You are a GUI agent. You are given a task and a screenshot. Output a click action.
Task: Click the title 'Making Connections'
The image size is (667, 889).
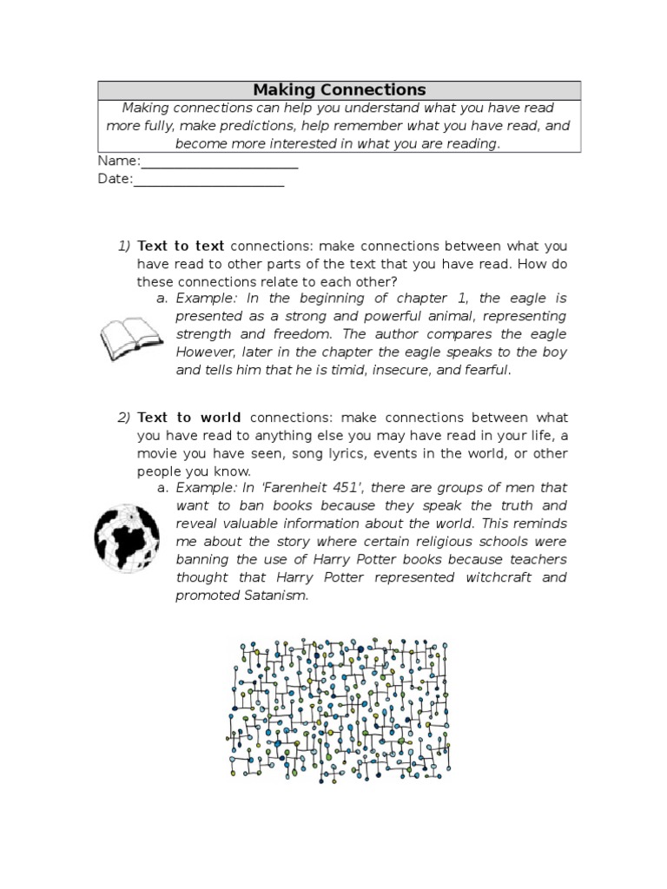click(339, 90)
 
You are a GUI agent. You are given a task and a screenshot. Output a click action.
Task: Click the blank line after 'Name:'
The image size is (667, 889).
click(220, 162)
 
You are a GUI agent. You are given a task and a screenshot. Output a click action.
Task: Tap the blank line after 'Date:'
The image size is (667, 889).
click(208, 180)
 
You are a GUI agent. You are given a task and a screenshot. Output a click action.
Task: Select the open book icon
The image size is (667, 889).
click(131, 339)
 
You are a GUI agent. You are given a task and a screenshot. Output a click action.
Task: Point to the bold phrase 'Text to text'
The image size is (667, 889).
click(181, 247)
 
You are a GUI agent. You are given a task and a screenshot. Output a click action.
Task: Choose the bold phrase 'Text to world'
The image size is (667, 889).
click(189, 418)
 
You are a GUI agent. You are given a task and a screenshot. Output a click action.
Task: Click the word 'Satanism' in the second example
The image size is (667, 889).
click(277, 596)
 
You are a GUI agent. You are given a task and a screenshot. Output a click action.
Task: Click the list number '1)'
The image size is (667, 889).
click(123, 247)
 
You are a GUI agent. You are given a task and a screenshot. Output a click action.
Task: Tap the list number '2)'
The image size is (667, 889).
click(123, 418)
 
